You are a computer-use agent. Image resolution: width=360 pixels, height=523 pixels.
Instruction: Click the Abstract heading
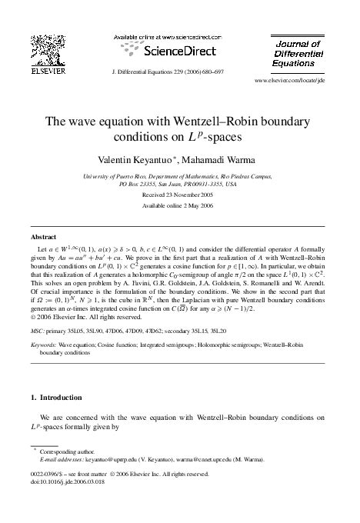click(43, 237)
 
